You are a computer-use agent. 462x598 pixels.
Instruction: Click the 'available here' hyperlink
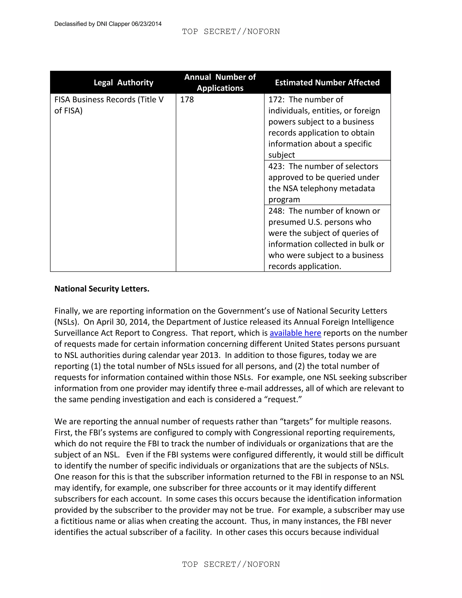[295, 333]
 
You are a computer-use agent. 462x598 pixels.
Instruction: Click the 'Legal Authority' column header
[123, 82]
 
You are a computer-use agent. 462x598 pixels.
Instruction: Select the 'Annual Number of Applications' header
[220, 82]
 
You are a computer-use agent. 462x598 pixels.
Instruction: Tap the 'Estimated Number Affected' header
[327, 82]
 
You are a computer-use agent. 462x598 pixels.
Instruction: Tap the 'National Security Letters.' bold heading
[102, 289]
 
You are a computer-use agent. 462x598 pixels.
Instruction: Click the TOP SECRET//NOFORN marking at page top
[231, 32]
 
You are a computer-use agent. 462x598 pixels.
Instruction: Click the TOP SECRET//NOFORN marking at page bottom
[231, 564]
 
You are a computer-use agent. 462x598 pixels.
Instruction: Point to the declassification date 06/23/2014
[146, 24]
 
